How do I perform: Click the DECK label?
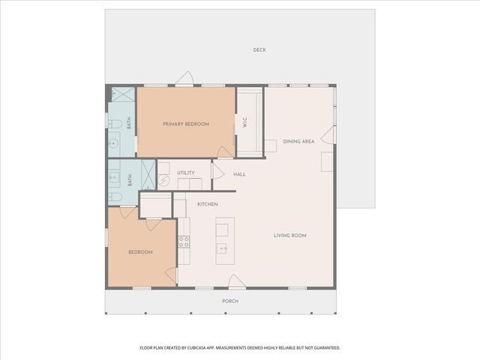coord(259,50)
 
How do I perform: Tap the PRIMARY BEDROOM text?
coord(186,124)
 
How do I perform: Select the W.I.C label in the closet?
coord(244,124)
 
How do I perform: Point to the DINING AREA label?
coord(298,141)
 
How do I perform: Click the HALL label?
coord(239,174)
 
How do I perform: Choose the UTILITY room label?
coord(186,173)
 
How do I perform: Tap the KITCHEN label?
coord(208,204)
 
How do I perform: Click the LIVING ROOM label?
coord(289,235)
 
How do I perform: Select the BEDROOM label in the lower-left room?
coord(139,252)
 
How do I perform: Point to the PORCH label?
coord(230,301)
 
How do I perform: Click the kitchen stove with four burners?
coord(184,241)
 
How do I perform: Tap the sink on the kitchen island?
coord(223,247)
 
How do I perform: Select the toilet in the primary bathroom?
coord(115,124)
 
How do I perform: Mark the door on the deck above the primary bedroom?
coord(185,79)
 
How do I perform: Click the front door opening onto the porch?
coord(236,282)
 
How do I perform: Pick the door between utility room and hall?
coord(217,172)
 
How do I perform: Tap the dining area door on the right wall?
coord(328,135)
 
